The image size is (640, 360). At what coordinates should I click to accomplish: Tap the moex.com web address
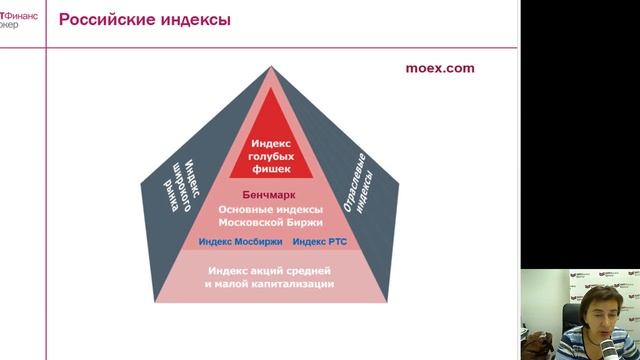(439, 69)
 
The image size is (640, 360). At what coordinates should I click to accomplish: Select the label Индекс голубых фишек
(271, 156)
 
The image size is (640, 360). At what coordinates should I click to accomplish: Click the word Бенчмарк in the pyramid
(271, 194)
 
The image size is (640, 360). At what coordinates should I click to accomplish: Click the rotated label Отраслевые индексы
(364, 181)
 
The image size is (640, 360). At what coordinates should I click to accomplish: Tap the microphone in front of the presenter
(606, 345)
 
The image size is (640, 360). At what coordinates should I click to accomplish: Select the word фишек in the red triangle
(271, 168)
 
